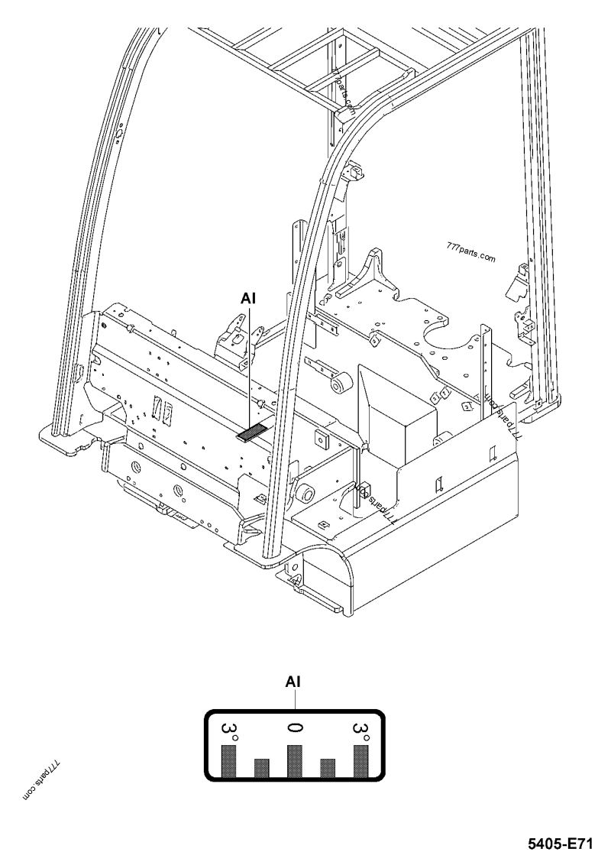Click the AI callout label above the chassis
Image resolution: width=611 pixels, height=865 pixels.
coord(248,299)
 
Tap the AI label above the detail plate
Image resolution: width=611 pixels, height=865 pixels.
coord(293,682)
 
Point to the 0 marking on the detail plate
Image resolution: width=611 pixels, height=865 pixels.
coord(295,727)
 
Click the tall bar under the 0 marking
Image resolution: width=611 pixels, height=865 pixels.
coord(295,760)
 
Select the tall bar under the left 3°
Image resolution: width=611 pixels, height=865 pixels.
coord(229,760)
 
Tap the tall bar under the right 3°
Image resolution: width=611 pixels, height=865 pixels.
coord(361,760)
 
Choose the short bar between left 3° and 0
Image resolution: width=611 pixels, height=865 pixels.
coord(262,767)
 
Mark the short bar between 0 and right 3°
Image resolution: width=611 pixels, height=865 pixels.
coord(328,767)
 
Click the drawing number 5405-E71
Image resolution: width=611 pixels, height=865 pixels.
coord(560,844)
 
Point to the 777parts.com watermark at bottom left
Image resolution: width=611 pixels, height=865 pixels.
coord(43,779)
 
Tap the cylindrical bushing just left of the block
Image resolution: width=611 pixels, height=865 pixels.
coord(341,382)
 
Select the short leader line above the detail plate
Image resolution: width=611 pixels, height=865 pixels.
coord(295,698)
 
